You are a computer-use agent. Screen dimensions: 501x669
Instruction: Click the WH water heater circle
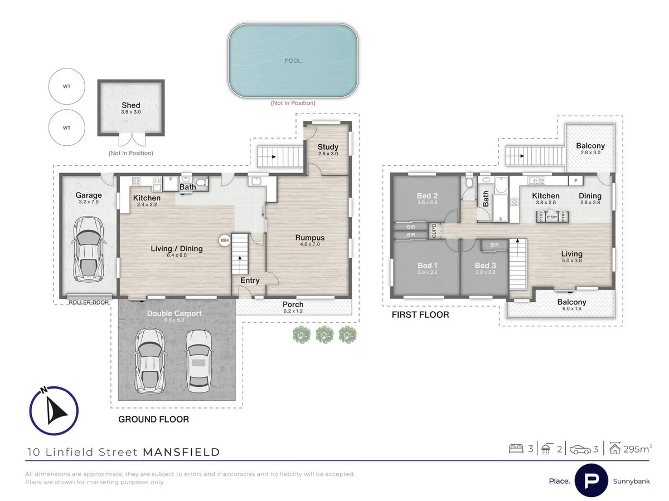click(225, 240)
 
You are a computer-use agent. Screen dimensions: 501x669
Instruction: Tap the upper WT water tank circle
click(66, 86)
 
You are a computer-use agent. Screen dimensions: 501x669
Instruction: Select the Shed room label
click(131, 105)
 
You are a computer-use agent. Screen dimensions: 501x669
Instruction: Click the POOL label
click(293, 61)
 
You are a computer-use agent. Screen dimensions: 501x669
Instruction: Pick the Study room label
click(328, 148)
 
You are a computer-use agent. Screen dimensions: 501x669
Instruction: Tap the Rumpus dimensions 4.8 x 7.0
click(309, 245)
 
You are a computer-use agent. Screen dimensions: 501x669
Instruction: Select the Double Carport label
click(174, 313)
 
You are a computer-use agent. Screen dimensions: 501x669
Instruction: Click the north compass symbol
click(54, 411)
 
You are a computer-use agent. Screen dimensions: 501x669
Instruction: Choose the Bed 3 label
click(484, 266)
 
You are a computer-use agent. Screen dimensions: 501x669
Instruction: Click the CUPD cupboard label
click(435, 230)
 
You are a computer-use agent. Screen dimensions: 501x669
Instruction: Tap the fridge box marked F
click(575, 180)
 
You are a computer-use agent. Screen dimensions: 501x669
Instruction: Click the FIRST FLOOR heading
click(421, 315)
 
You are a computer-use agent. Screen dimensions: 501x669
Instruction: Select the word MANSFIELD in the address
click(181, 452)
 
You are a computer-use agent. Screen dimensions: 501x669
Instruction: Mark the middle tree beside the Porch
click(324, 334)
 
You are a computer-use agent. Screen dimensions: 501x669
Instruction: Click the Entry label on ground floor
click(250, 280)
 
